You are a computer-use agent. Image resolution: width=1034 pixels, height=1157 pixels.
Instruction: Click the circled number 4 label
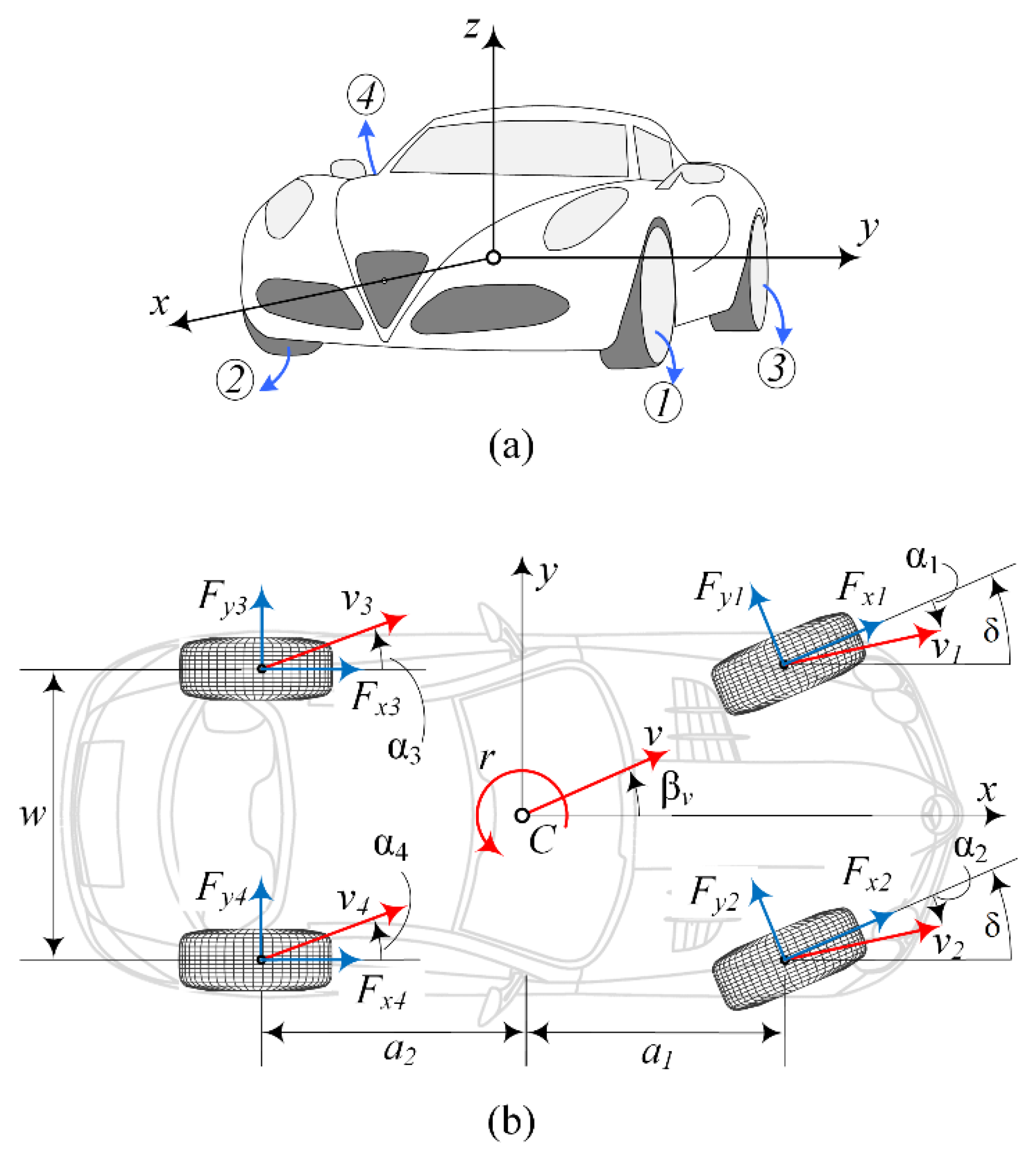coord(366,95)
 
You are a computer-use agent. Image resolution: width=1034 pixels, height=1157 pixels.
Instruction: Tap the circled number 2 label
coord(234,380)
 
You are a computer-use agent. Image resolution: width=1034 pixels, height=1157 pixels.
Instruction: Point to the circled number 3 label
coord(777,368)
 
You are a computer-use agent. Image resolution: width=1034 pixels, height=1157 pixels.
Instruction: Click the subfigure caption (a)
coord(511,446)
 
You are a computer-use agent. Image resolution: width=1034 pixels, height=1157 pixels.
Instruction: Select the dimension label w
coord(33,816)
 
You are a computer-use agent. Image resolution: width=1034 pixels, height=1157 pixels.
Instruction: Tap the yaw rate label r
coord(486,758)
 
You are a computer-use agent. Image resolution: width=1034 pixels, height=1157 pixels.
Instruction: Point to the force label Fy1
coord(719,589)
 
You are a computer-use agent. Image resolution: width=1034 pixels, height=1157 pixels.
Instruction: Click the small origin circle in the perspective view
coord(494,258)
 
